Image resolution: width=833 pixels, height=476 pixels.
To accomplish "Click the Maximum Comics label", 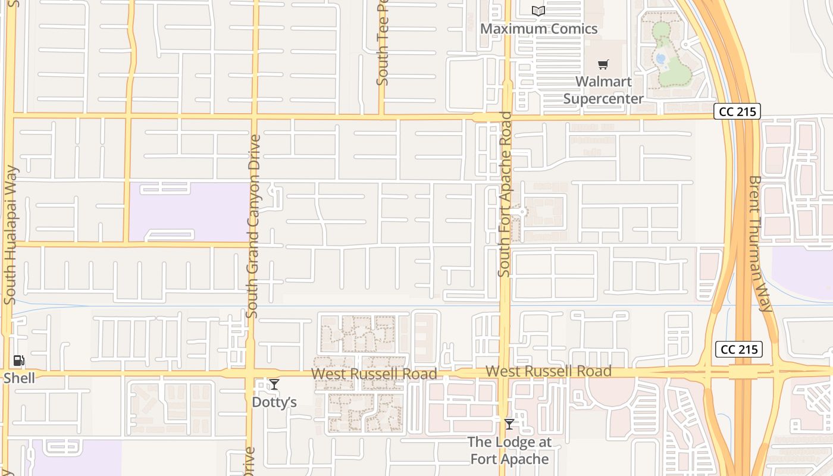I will (538, 29).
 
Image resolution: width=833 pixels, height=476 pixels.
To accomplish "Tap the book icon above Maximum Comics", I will (538, 11).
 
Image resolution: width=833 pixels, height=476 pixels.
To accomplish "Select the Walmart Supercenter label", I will (603, 90).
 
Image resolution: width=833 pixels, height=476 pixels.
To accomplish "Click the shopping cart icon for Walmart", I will (603, 64).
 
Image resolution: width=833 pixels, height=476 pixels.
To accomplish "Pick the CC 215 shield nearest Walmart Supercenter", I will (737, 111).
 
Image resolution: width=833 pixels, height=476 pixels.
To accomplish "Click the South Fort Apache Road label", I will (505, 194).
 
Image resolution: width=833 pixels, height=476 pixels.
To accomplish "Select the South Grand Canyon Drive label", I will (253, 226).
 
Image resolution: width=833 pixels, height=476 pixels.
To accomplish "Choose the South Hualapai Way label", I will (10, 235).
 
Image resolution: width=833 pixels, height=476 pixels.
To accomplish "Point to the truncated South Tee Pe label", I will (383, 42).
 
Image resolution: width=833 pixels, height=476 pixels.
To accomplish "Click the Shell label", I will (19, 378).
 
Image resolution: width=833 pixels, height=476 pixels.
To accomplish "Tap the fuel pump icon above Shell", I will (19, 361).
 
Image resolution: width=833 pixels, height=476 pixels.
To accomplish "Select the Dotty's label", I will (274, 402).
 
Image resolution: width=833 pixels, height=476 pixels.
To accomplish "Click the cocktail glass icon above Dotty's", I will (274, 384).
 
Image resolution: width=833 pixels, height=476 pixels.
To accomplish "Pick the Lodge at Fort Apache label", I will (509, 450).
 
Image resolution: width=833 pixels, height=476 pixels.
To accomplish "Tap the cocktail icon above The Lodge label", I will (509, 424).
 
